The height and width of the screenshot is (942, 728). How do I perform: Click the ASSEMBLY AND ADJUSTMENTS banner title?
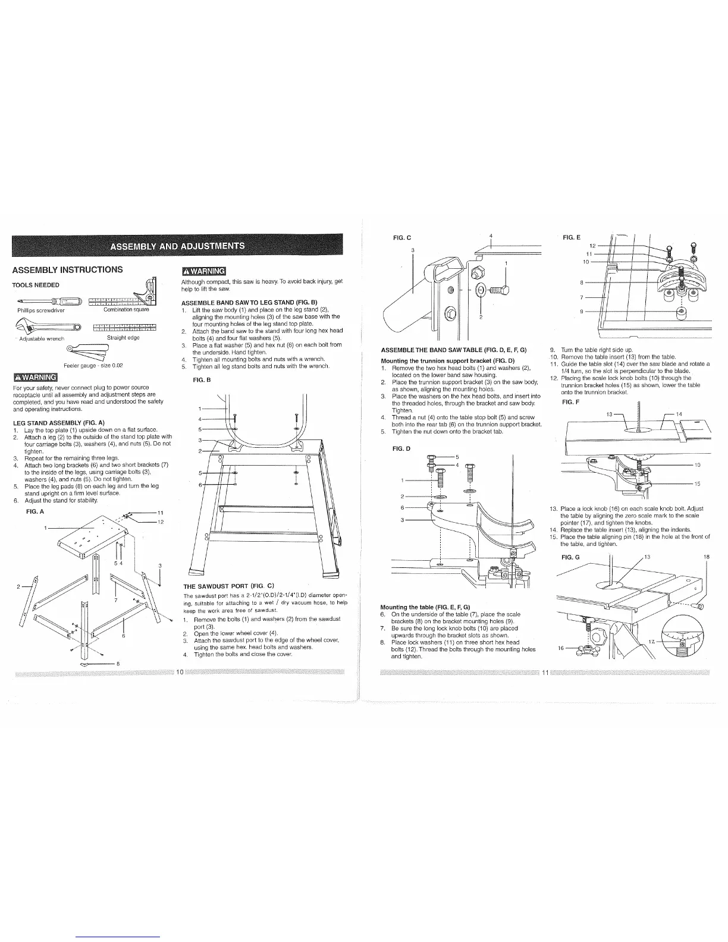click(177, 247)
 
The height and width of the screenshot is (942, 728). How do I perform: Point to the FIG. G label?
click(570, 557)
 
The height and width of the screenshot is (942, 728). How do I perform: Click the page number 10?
click(180, 672)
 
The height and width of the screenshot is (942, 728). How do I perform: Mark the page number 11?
click(544, 672)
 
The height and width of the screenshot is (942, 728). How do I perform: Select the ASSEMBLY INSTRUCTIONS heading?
click(67, 269)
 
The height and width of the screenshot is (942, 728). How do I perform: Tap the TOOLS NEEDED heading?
click(36, 285)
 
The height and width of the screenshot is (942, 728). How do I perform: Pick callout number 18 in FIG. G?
click(706, 557)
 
